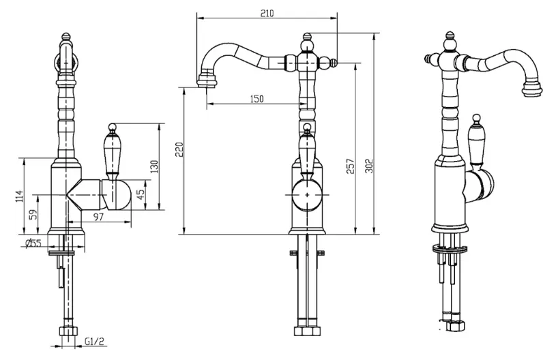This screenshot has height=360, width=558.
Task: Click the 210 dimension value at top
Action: point(267,13)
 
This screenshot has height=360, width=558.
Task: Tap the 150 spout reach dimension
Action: point(257,99)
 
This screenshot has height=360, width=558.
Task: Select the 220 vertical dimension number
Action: point(179,149)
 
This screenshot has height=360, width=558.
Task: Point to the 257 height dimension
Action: point(351,166)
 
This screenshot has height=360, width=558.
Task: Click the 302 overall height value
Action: point(370,166)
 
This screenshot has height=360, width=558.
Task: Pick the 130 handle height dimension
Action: point(153,167)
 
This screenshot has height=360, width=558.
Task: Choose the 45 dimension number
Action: point(141,194)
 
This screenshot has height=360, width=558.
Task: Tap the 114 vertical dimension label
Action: point(19,196)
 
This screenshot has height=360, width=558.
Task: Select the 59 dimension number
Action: point(33,215)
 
